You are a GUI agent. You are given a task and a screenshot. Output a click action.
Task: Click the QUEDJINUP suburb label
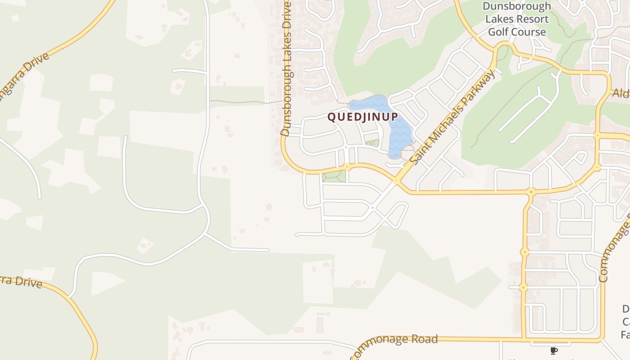(x=363, y=117)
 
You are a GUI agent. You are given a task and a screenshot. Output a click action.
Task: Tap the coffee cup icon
(x=554, y=351)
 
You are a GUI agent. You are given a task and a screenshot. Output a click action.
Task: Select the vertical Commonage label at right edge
(x=616, y=252)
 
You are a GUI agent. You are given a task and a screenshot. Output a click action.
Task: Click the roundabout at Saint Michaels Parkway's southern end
(x=396, y=182)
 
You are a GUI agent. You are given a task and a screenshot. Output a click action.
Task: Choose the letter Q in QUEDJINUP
(x=331, y=117)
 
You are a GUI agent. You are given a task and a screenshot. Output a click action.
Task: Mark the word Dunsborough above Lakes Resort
(x=517, y=6)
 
